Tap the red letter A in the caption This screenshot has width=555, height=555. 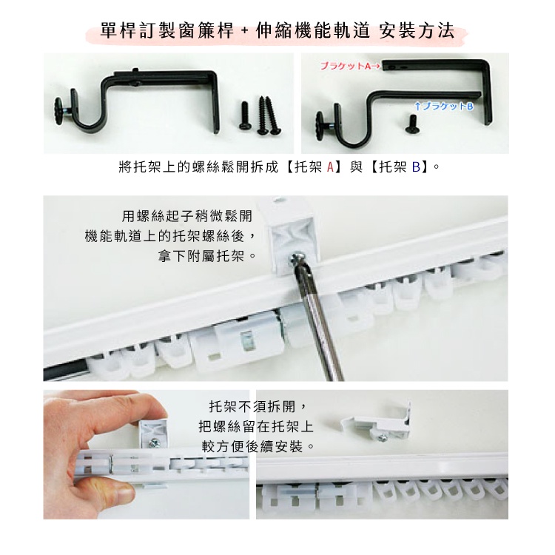[x=330, y=166]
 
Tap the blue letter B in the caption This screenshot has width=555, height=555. [x=416, y=166]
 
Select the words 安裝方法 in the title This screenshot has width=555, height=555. [x=417, y=30]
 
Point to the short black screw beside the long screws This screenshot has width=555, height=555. [x=245, y=115]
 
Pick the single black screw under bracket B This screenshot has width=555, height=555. [x=411, y=124]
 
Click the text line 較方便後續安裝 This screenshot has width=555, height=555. [x=258, y=446]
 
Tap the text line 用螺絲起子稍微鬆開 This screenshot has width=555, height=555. [x=187, y=215]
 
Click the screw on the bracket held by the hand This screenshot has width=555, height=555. [x=155, y=442]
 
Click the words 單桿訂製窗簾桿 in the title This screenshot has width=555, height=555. [x=167, y=30]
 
